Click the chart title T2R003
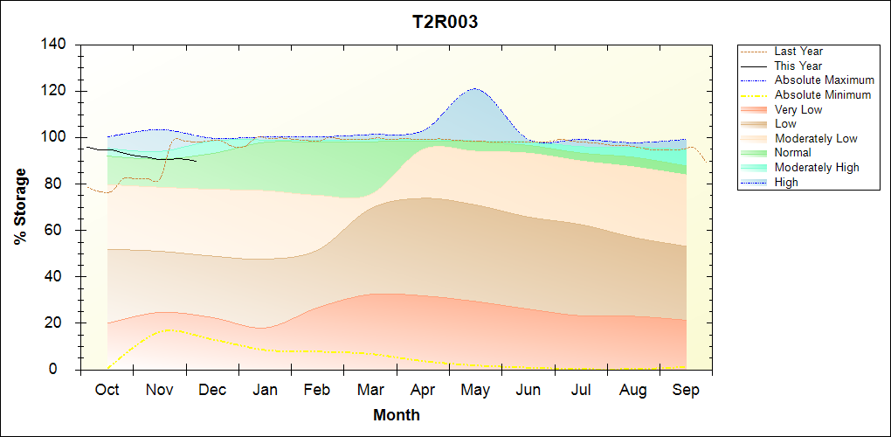tap(445, 23)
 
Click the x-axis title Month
tap(397, 415)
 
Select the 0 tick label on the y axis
tap(64, 370)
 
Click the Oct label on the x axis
tap(107, 390)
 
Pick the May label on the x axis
tap(475, 390)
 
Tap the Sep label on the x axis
tap(686, 390)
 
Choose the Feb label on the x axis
tap(317, 390)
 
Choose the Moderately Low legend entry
tap(816, 138)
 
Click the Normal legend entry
tap(792, 153)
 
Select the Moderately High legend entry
tap(817, 167)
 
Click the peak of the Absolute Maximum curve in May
tap(474, 88)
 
